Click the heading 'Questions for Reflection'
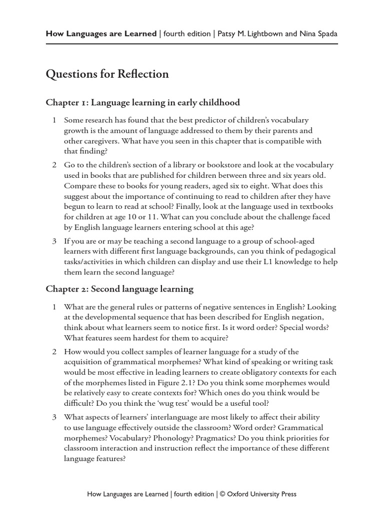(x=107, y=74)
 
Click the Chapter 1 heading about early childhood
(x=142, y=103)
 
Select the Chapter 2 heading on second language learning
(x=119, y=289)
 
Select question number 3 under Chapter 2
(x=54, y=417)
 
